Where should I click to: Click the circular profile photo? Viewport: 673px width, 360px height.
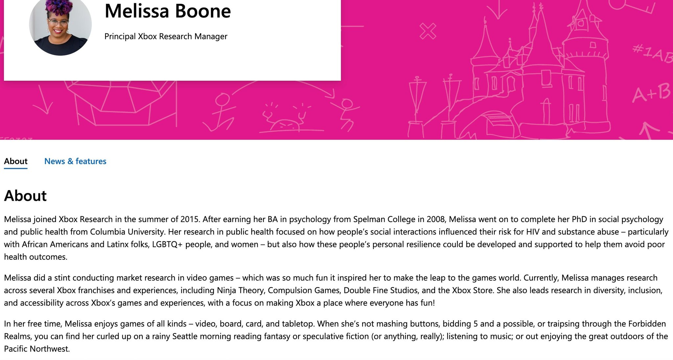point(60,25)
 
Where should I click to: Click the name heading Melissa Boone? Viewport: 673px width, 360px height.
point(168,11)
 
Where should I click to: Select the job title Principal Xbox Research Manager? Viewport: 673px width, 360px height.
point(166,36)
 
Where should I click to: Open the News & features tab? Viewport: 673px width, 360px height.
point(75,161)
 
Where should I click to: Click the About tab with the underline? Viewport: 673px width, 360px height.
point(16,161)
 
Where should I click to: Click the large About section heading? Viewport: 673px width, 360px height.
point(25,196)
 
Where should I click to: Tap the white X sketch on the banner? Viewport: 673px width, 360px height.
point(428,31)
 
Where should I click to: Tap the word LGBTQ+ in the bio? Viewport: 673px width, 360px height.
point(167,244)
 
